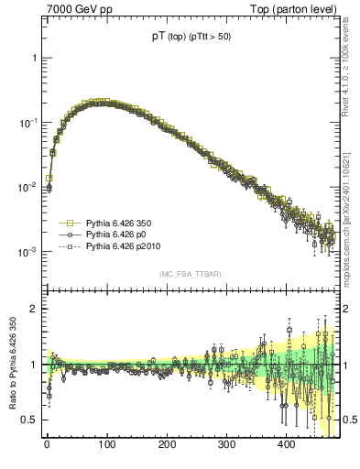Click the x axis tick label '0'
point(47,445)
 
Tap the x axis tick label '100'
point(106,445)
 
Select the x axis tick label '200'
point(167,445)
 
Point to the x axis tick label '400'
point(287,445)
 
